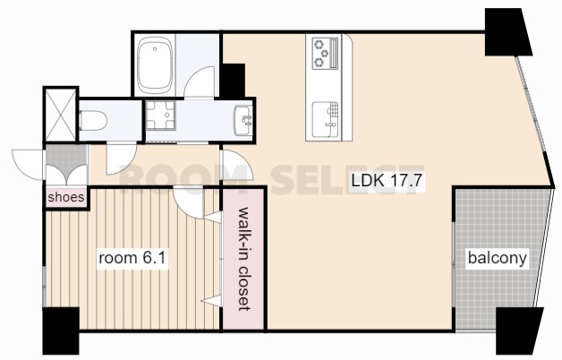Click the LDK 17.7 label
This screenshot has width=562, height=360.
coord(387,180)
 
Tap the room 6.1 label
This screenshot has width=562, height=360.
coord(132,257)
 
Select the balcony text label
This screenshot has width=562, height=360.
coord(498,257)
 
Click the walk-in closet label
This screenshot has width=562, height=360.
coord(243,259)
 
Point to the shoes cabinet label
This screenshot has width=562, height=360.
coord(66,197)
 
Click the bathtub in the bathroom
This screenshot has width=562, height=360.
coord(155,64)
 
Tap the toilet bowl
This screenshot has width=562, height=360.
coord(93,120)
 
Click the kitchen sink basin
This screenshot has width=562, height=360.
coord(325,120)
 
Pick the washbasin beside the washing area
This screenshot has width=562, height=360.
coord(243,121)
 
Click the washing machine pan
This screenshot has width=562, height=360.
coord(160,116)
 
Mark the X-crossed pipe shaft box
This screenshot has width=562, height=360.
coord(61,115)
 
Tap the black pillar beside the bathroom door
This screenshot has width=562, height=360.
coord(233,81)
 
